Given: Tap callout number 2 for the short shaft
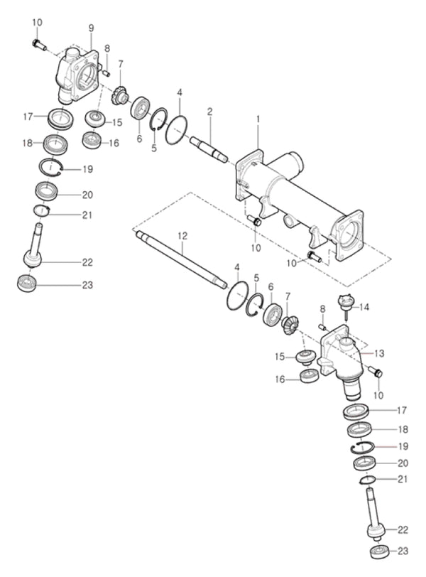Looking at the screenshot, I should click(210, 112).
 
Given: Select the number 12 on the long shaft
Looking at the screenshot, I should click(182, 235).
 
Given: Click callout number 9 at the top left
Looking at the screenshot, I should click(92, 28).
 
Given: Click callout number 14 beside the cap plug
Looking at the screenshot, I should click(365, 307).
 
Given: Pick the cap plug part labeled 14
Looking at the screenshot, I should click(345, 301).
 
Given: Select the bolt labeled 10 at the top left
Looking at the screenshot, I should click(39, 45).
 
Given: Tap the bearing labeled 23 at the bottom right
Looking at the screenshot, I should click(378, 553).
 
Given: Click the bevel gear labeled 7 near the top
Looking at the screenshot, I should click(119, 93).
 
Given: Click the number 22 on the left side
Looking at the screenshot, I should click(87, 262).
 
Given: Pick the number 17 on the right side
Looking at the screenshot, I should click(403, 410).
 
